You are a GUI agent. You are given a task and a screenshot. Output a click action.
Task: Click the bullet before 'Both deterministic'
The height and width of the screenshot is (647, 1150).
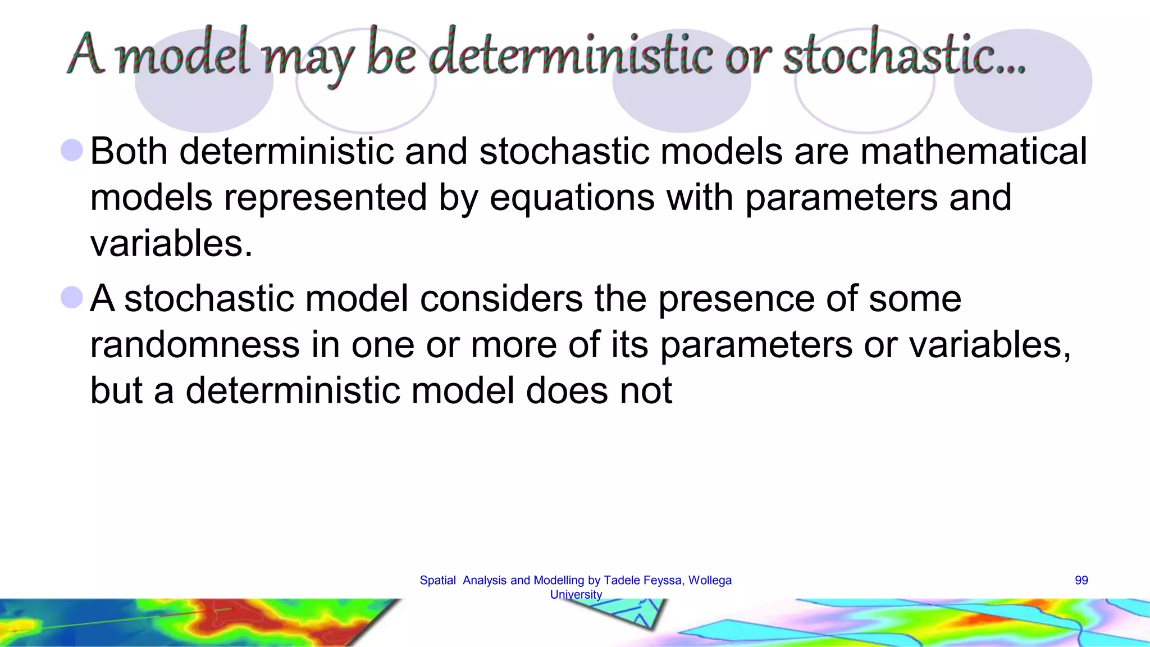tap(72, 151)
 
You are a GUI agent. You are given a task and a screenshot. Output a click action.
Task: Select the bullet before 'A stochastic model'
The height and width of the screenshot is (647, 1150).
tap(72, 298)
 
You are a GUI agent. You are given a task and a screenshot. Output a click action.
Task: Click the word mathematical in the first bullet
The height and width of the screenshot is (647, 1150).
tap(973, 152)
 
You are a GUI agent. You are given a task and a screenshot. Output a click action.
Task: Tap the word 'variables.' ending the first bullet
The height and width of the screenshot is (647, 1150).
tap(171, 244)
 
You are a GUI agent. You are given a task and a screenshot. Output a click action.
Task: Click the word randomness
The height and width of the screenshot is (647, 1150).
tap(195, 344)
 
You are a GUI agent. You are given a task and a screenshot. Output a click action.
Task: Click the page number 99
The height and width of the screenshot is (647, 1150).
tap(1081, 580)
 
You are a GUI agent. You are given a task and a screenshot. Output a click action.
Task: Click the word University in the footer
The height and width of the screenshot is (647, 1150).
tap(576, 595)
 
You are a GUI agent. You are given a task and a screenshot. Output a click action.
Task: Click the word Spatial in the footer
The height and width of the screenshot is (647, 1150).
tap(437, 580)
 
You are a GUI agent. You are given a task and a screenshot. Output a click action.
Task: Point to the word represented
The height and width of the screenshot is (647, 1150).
tap(325, 198)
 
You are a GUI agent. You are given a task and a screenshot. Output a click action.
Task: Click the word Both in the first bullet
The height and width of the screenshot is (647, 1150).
tap(129, 152)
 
